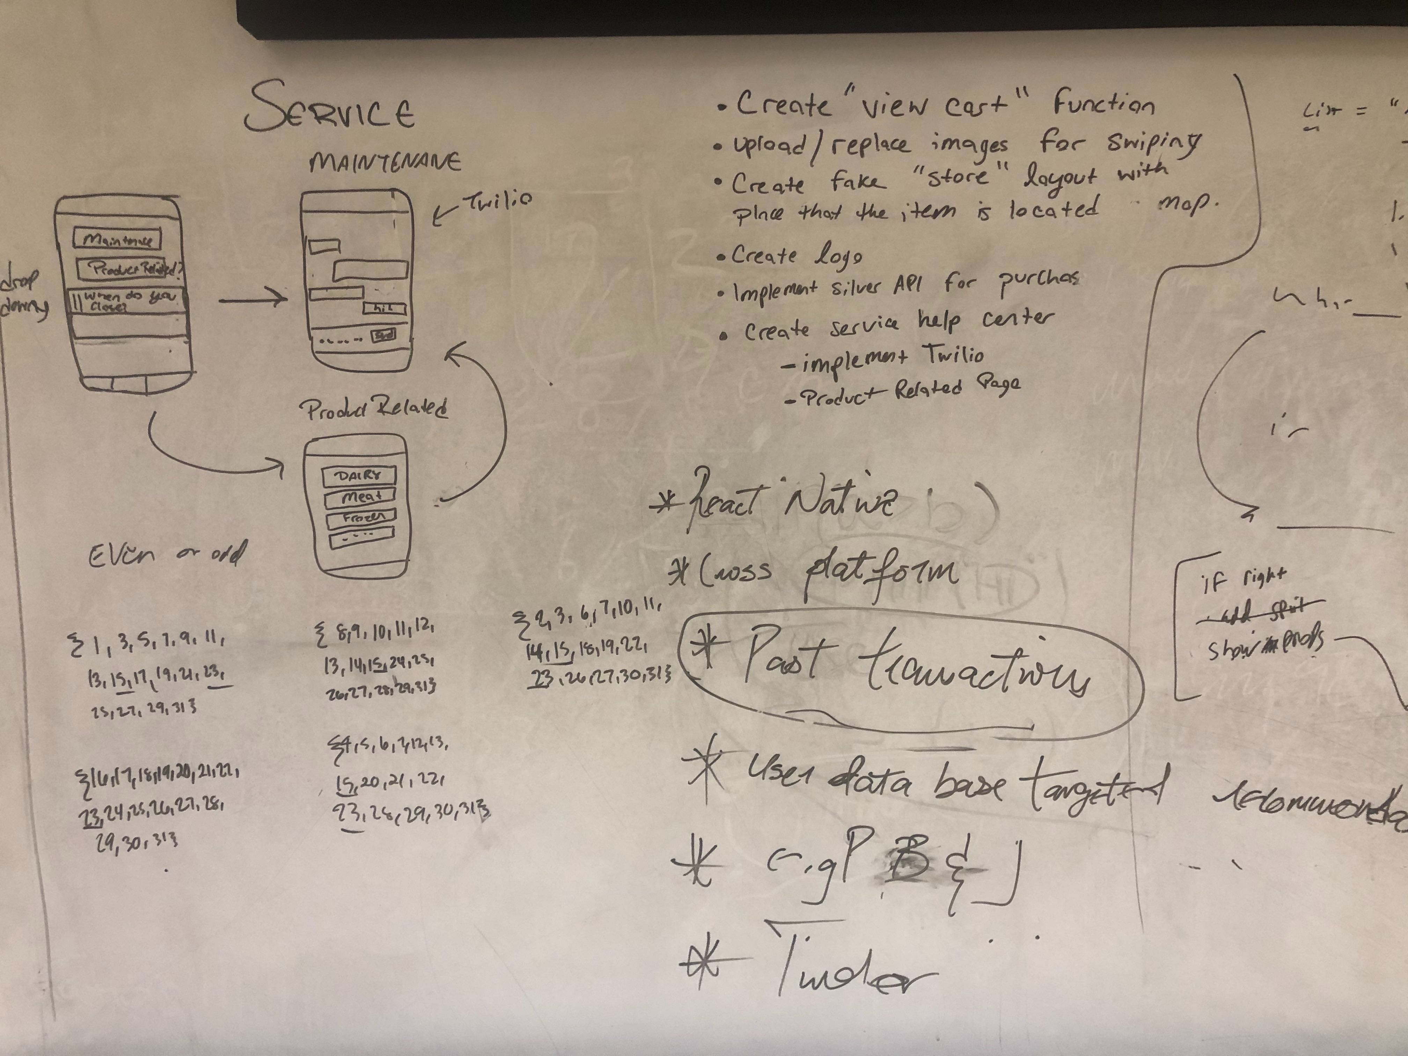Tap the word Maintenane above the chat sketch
(x=385, y=162)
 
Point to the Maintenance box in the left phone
(x=117, y=240)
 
